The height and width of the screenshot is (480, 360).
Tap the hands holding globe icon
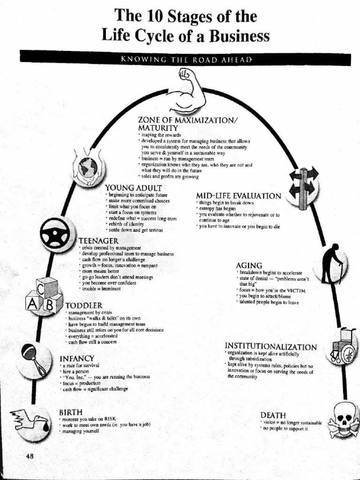click(88, 167)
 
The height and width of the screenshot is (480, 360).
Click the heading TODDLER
click(84, 306)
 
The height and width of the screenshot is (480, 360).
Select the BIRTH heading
click(71, 412)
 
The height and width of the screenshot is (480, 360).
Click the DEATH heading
click(273, 415)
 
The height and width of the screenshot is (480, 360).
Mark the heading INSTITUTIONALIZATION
click(270, 347)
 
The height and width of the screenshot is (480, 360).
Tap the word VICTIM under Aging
click(295, 291)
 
